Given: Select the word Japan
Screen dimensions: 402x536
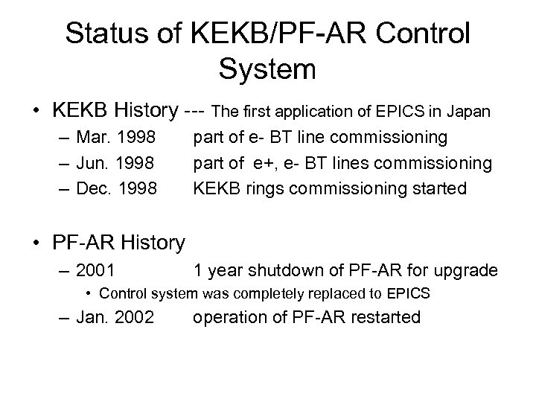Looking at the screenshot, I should pyautogui.click(x=467, y=112).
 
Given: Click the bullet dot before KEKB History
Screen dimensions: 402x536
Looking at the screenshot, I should pyautogui.click(x=36, y=112).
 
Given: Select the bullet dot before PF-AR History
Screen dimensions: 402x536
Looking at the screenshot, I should pyautogui.click(x=36, y=243).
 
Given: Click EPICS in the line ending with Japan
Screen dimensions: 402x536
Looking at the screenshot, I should pyautogui.click(x=403, y=112).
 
